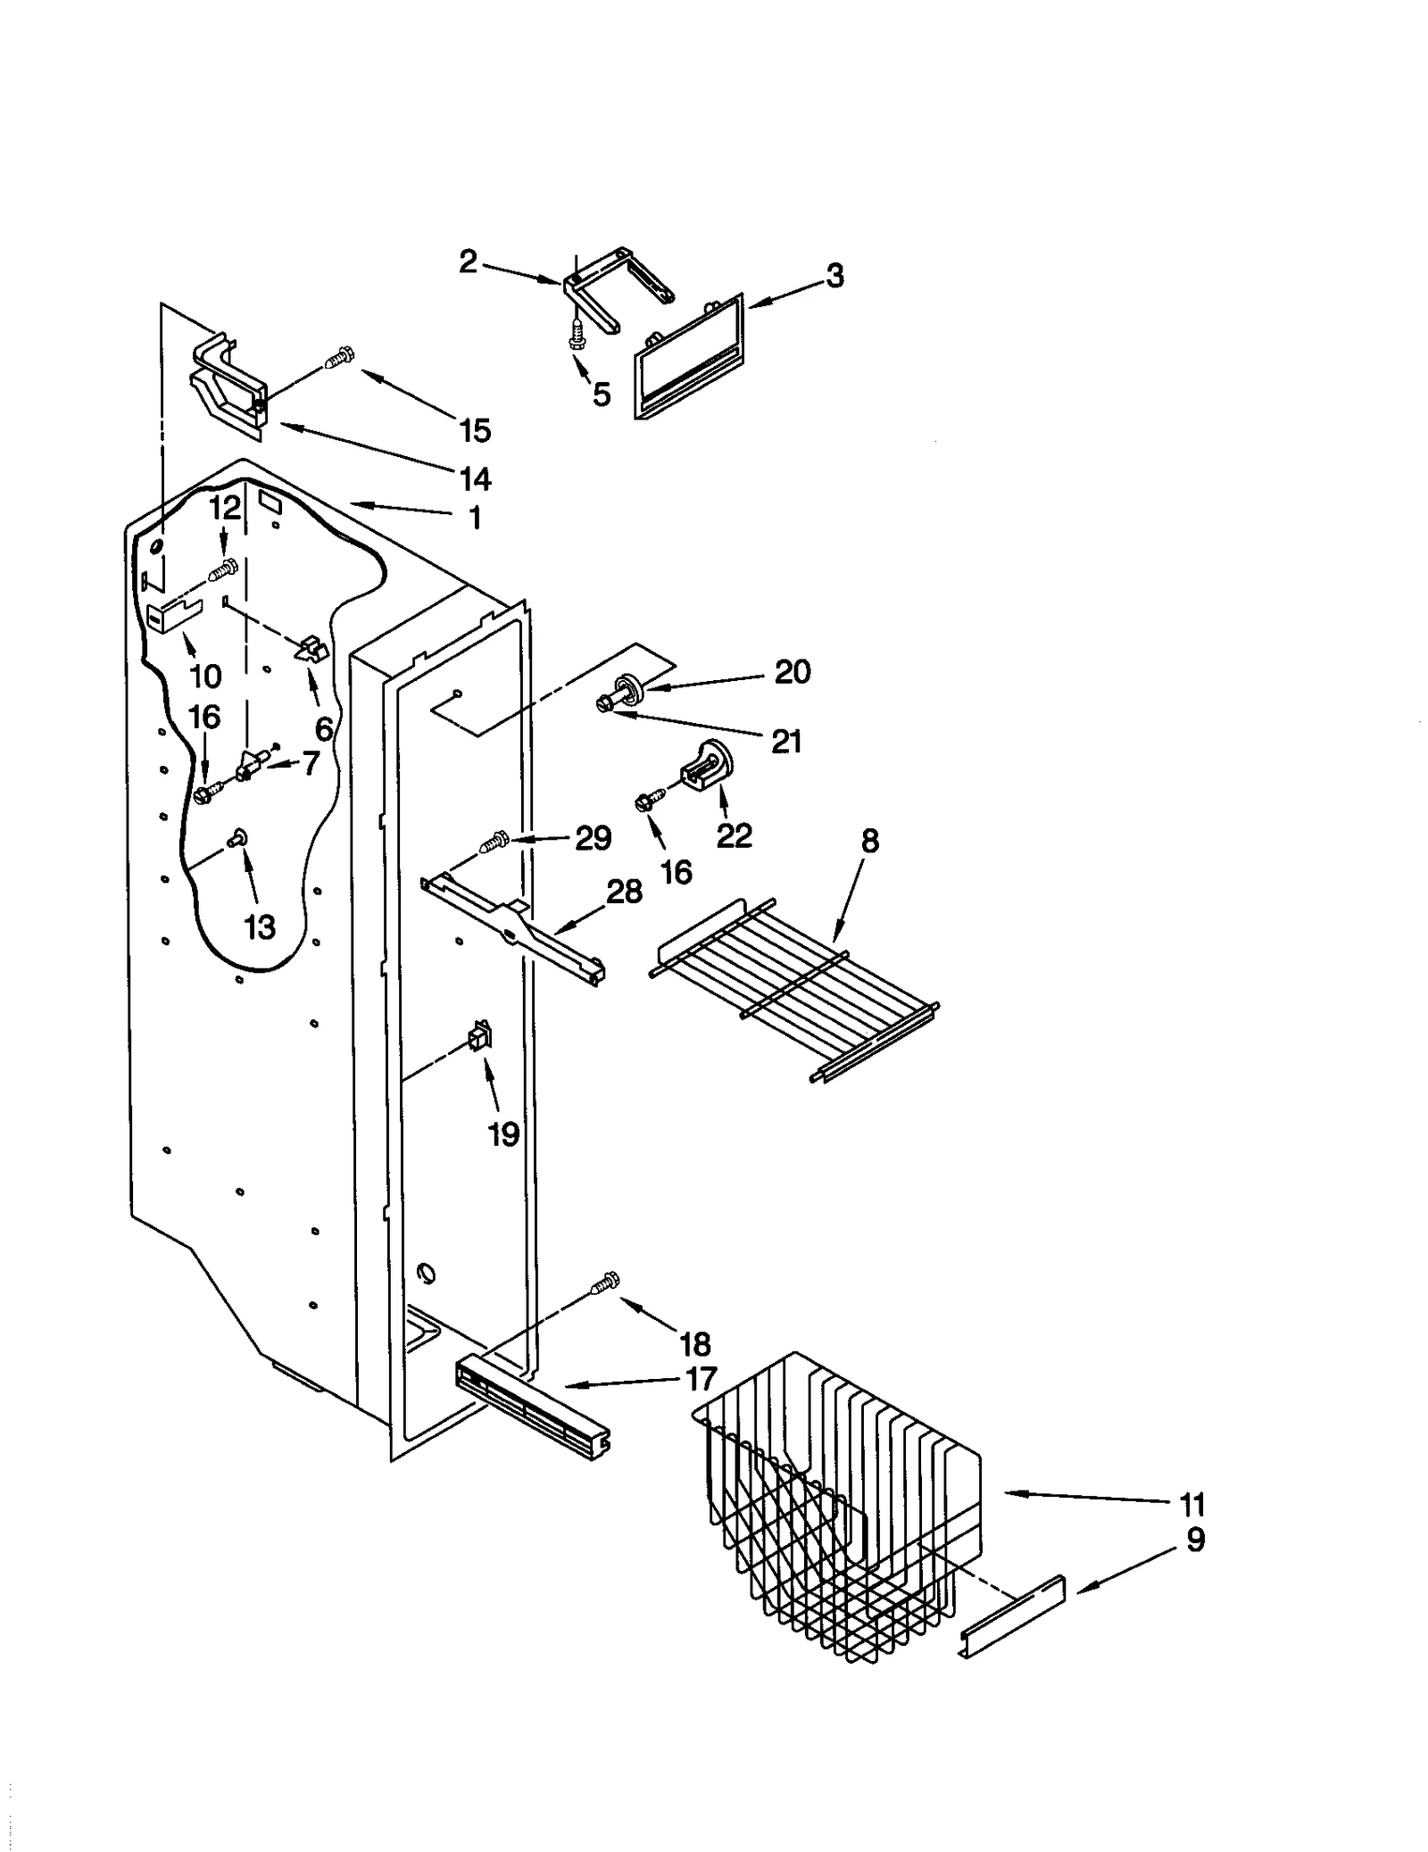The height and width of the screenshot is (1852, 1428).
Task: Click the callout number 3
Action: pyautogui.click(x=834, y=276)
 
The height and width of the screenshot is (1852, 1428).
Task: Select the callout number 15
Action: pyautogui.click(x=475, y=430)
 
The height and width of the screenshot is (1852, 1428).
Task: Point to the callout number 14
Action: pyautogui.click(x=475, y=479)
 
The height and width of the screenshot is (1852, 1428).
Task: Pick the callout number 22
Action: pyautogui.click(x=734, y=835)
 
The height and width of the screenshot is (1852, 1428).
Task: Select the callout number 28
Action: pyautogui.click(x=624, y=891)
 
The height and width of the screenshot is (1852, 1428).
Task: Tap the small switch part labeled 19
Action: pyautogui.click(x=480, y=1037)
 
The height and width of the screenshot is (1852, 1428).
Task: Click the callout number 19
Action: pyautogui.click(x=503, y=1134)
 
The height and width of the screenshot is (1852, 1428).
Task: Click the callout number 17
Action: pyautogui.click(x=701, y=1379)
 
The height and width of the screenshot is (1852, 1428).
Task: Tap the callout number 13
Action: pyautogui.click(x=260, y=927)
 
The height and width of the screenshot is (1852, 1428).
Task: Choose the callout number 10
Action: pyautogui.click(x=205, y=676)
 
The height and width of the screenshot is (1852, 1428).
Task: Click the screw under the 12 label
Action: pyautogui.click(x=223, y=568)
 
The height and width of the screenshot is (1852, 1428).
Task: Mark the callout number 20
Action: pyautogui.click(x=792, y=671)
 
